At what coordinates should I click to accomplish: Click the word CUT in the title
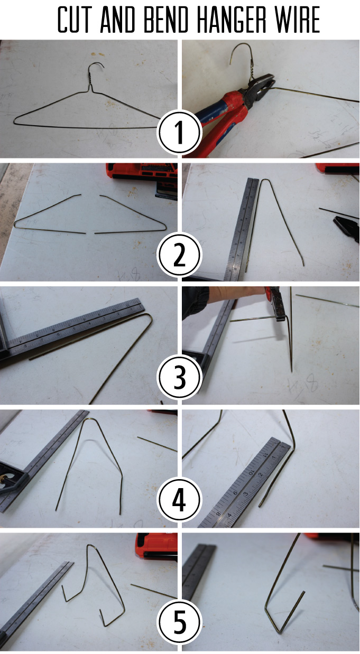[73, 20]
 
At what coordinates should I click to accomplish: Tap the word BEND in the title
[165, 20]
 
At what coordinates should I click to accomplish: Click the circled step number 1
[179, 133]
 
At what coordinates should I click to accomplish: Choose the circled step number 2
[179, 255]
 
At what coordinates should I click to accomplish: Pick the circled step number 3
[179, 378]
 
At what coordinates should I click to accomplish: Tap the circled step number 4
[179, 500]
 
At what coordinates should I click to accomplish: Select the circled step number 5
[179, 622]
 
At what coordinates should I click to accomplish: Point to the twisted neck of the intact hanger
[91, 79]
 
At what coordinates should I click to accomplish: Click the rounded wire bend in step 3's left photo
[149, 316]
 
